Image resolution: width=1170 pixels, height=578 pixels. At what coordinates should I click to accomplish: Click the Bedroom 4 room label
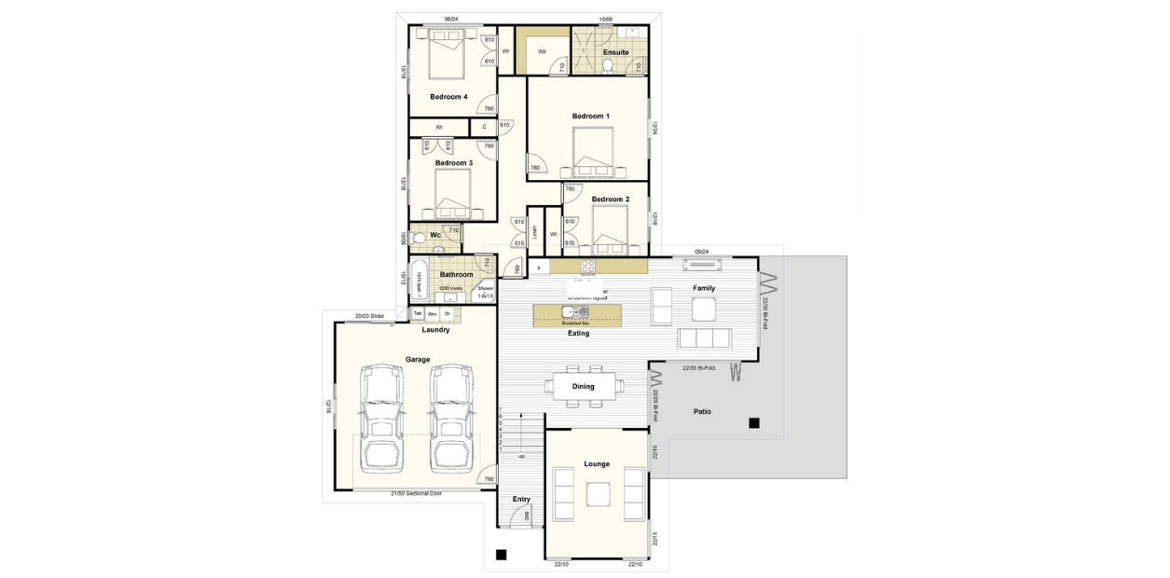click(448, 97)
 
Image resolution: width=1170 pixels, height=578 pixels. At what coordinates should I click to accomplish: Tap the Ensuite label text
click(616, 52)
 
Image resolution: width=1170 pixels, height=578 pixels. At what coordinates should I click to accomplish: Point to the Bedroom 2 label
click(611, 200)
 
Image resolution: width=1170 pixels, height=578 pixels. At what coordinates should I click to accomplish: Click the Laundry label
click(435, 330)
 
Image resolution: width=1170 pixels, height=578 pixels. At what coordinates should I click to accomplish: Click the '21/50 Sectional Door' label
click(416, 493)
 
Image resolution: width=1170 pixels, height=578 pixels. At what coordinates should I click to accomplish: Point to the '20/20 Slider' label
click(370, 316)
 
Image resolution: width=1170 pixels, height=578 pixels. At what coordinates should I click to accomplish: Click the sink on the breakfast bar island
click(569, 311)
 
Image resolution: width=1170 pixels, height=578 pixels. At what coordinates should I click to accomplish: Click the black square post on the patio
click(753, 423)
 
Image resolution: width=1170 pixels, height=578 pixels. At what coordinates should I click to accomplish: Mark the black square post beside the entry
click(501, 555)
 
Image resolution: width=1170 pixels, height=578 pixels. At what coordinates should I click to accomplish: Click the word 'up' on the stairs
click(521, 457)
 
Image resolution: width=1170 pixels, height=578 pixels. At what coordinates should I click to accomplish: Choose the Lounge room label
click(597, 464)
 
